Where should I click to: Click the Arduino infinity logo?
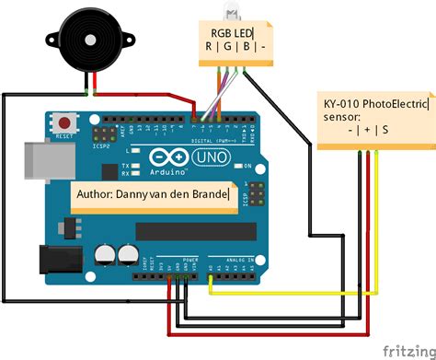(166, 161)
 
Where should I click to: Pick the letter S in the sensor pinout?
(384, 131)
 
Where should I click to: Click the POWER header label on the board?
(188, 261)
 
